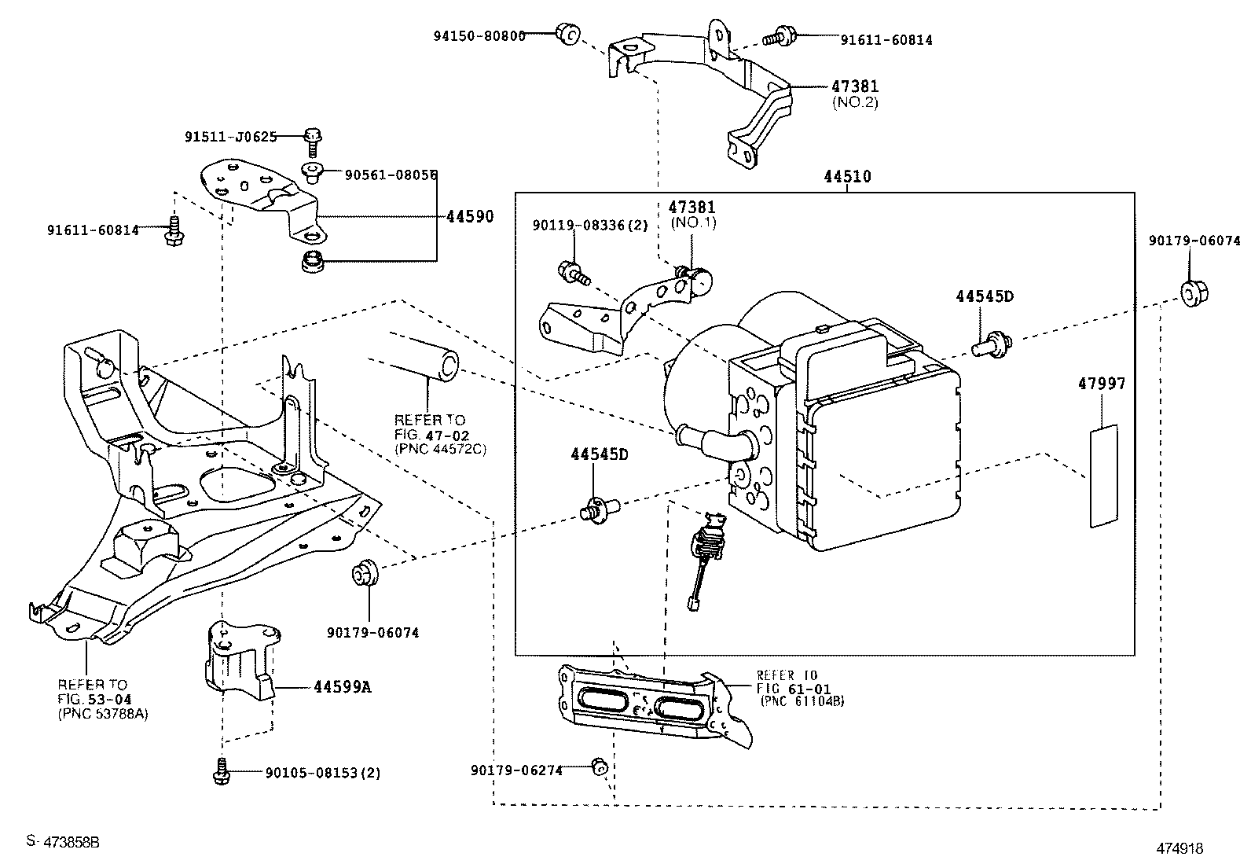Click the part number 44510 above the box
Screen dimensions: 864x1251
click(x=847, y=178)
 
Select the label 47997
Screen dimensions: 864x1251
click(x=1101, y=384)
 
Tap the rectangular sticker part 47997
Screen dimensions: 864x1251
click(x=1103, y=476)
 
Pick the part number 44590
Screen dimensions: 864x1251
click(x=470, y=216)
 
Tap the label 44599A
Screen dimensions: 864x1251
click(x=342, y=687)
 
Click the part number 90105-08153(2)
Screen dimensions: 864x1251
click(x=322, y=773)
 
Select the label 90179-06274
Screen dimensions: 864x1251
click(x=516, y=770)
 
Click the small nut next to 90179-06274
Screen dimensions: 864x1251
click(x=598, y=766)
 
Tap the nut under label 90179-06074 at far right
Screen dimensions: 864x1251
click(x=1194, y=292)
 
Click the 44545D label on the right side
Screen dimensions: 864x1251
click(x=984, y=296)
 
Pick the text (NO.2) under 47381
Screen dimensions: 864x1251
click(x=854, y=102)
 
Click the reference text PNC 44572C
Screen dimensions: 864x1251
click(x=440, y=448)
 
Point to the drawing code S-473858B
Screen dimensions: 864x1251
click(x=63, y=841)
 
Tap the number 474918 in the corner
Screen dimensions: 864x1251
click(x=1179, y=848)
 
